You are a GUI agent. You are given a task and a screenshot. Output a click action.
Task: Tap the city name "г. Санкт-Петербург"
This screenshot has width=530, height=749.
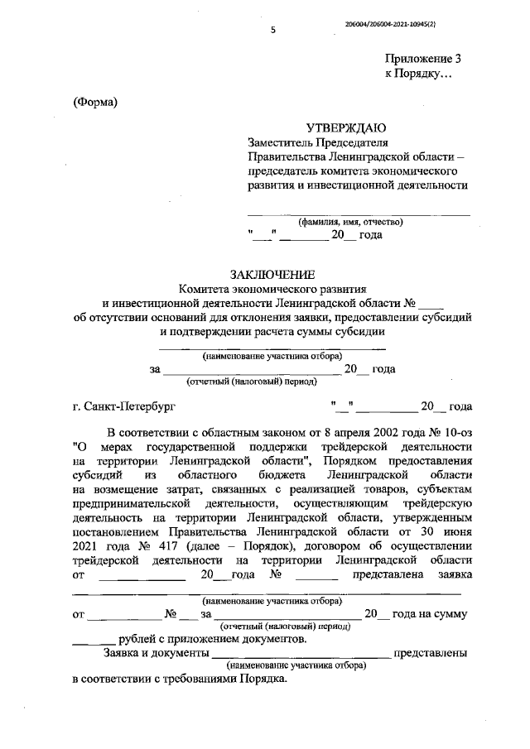tap(124, 406)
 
